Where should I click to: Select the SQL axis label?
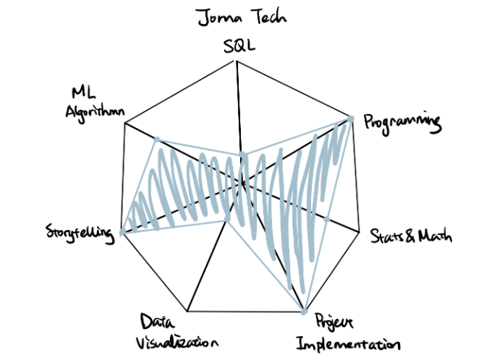tap(239, 46)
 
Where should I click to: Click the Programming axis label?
tap(403, 123)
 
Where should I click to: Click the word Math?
tap(435, 236)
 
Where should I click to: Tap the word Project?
tap(334, 322)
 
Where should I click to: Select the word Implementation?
tap(348, 344)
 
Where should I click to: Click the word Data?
tap(157, 322)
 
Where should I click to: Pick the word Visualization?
tap(177, 343)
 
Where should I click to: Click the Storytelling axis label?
tap(80, 233)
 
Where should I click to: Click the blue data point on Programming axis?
tap(351, 119)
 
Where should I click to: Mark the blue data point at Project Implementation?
tap(304, 312)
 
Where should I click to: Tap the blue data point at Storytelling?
tap(122, 231)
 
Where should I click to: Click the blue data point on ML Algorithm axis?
tap(157, 140)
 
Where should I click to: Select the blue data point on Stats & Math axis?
tap(326, 219)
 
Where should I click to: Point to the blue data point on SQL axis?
tap(242, 155)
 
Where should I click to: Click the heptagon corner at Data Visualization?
tap(187, 311)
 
